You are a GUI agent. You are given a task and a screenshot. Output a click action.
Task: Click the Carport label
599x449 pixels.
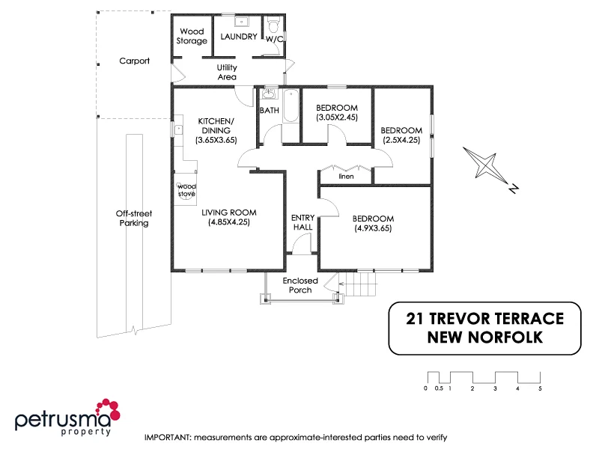[135, 61]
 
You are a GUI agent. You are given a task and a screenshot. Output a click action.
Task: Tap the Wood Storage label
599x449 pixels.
[192, 37]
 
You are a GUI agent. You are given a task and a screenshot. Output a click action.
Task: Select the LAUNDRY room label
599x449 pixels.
[239, 37]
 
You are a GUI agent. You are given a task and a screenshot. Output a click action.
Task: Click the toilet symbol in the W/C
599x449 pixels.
[274, 23]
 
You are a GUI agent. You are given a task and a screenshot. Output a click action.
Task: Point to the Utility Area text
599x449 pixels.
[227, 73]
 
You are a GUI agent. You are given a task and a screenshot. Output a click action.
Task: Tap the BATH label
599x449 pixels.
[269, 111]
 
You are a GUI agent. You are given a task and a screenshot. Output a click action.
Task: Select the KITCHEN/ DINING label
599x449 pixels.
[216, 130]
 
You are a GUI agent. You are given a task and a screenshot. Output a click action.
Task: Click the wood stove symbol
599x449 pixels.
[186, 190]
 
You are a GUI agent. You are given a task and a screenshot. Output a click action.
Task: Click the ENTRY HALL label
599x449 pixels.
[302, 222]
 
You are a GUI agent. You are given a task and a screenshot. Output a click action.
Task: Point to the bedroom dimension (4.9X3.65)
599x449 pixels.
[373, 229]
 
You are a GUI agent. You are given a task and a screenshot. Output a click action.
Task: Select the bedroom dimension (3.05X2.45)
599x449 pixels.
[337, 117]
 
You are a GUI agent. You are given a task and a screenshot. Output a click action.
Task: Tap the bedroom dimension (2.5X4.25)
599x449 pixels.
[401, 140]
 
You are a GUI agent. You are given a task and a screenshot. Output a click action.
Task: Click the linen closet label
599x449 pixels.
[346, 177]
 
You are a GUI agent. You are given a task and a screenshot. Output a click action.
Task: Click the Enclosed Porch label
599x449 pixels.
[300, 285]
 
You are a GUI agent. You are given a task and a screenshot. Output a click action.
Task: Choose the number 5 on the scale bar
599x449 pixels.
[540, 388]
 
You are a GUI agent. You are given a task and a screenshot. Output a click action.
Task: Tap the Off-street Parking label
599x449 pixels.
[133, 218]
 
